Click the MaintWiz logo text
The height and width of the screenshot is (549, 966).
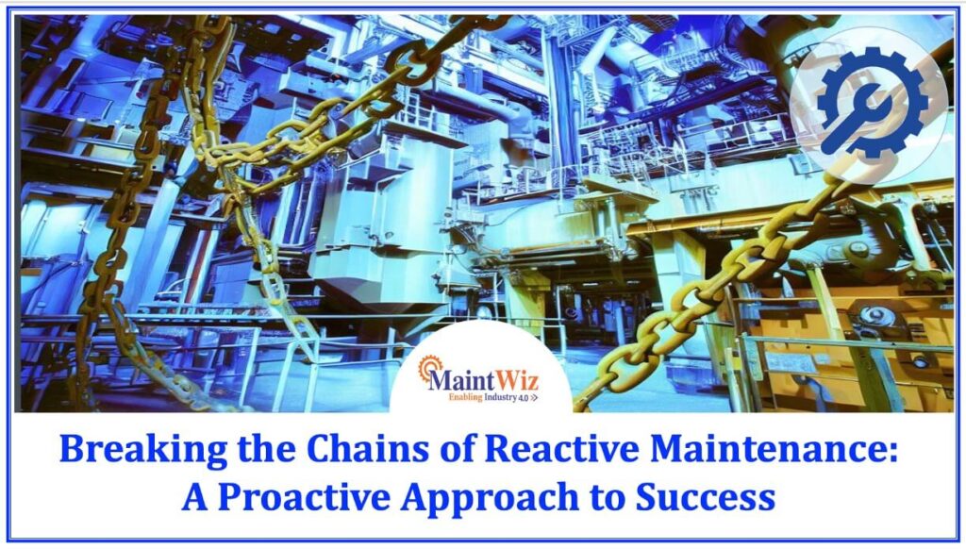[x=481, y=380]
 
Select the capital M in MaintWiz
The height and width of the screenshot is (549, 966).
[x=440, y=380]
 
